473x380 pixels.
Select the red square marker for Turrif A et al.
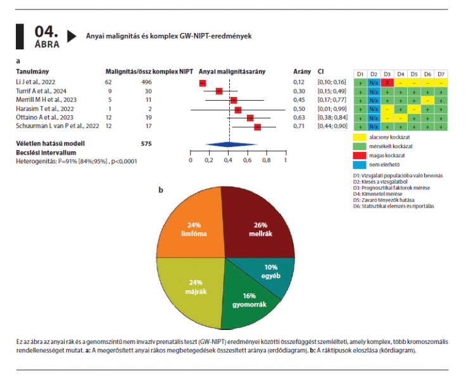(219, 91)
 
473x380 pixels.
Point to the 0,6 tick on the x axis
(248, 160)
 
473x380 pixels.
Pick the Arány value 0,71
(298, 127)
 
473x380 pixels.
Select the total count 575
(146, 144)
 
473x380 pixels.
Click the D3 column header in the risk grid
(388, 73)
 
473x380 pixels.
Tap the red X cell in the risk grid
(388, 82)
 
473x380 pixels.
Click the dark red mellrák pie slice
(256, 224)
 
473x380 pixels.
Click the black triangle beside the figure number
(72, 36)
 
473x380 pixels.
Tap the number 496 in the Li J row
(146, 82)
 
